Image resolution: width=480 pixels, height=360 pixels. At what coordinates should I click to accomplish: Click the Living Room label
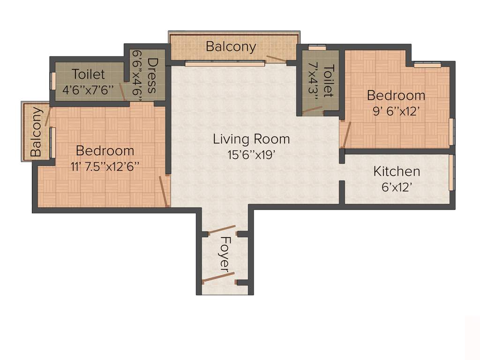coord(251,139)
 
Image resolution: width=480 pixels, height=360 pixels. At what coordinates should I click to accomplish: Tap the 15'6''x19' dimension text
coord(251,154)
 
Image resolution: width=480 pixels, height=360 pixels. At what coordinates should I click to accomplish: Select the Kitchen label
coord(397,172)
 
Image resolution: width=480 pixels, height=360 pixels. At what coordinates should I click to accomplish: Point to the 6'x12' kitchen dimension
coord(397,187)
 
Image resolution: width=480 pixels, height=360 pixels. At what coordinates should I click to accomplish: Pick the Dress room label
coord(153,76)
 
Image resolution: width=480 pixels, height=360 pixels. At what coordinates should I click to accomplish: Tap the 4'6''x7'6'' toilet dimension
coord(89,90)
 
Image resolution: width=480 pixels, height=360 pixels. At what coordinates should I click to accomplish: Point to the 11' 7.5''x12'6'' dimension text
coord(105,166)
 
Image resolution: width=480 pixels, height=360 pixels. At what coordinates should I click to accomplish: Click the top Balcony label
coord(231,47)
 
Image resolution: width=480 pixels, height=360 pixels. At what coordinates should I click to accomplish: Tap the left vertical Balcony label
coord(37,132)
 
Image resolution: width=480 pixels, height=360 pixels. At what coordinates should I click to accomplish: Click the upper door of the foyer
coord(222,230)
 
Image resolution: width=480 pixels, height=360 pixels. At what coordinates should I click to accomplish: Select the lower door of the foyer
coord(218,277)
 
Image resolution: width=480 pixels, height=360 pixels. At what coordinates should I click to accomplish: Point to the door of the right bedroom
coord(346,135)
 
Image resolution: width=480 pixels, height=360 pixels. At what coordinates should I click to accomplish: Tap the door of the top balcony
coord(276,59)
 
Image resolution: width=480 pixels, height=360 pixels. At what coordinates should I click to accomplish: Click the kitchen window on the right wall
coord(451,172)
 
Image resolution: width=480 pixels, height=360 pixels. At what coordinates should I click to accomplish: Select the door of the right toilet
coord(312,110)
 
